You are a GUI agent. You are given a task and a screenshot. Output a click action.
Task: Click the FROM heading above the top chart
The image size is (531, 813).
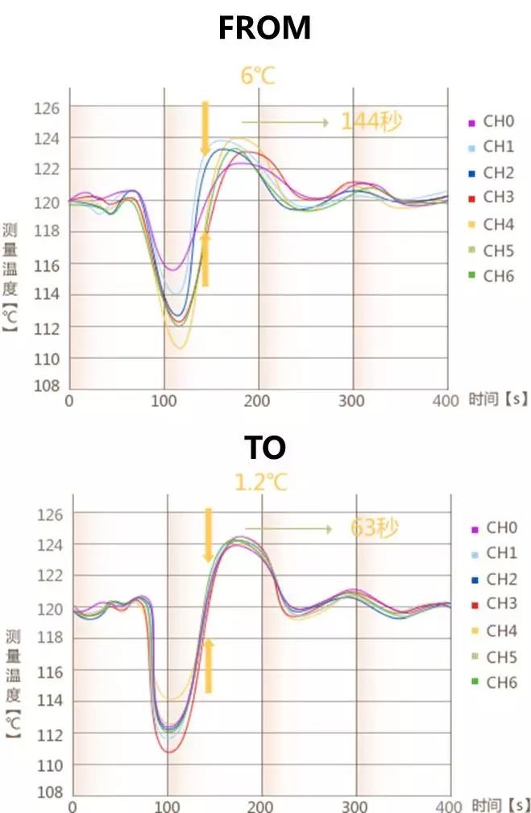[x=264, y=28]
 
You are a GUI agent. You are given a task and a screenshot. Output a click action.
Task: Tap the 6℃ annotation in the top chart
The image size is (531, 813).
[x=259, y=77]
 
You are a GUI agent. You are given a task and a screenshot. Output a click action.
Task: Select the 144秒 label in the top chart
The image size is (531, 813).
[x=371, y=122]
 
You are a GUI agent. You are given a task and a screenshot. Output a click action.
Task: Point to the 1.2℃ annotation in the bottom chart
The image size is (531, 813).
[x=260, y=483]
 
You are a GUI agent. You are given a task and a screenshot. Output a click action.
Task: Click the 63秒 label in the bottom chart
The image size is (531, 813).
[x=375, y=528]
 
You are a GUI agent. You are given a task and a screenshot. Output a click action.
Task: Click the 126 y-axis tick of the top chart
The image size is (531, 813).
[x=47, y=107]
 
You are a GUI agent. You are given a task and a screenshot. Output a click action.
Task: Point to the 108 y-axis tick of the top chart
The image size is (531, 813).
[x=47, y=386]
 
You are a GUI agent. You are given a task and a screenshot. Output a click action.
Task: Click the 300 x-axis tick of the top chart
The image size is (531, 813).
[x=352, y=401]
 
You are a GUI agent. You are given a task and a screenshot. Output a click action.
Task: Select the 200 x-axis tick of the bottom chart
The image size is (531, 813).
[x=260, y=805]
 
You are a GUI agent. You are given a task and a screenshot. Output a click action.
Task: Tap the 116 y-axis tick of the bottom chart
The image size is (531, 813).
[x=50, y=670]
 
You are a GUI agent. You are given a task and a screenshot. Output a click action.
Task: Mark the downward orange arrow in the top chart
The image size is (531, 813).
[x=205, y=127]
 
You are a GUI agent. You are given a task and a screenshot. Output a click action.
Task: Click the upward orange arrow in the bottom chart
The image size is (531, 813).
[x=208, y=665]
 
